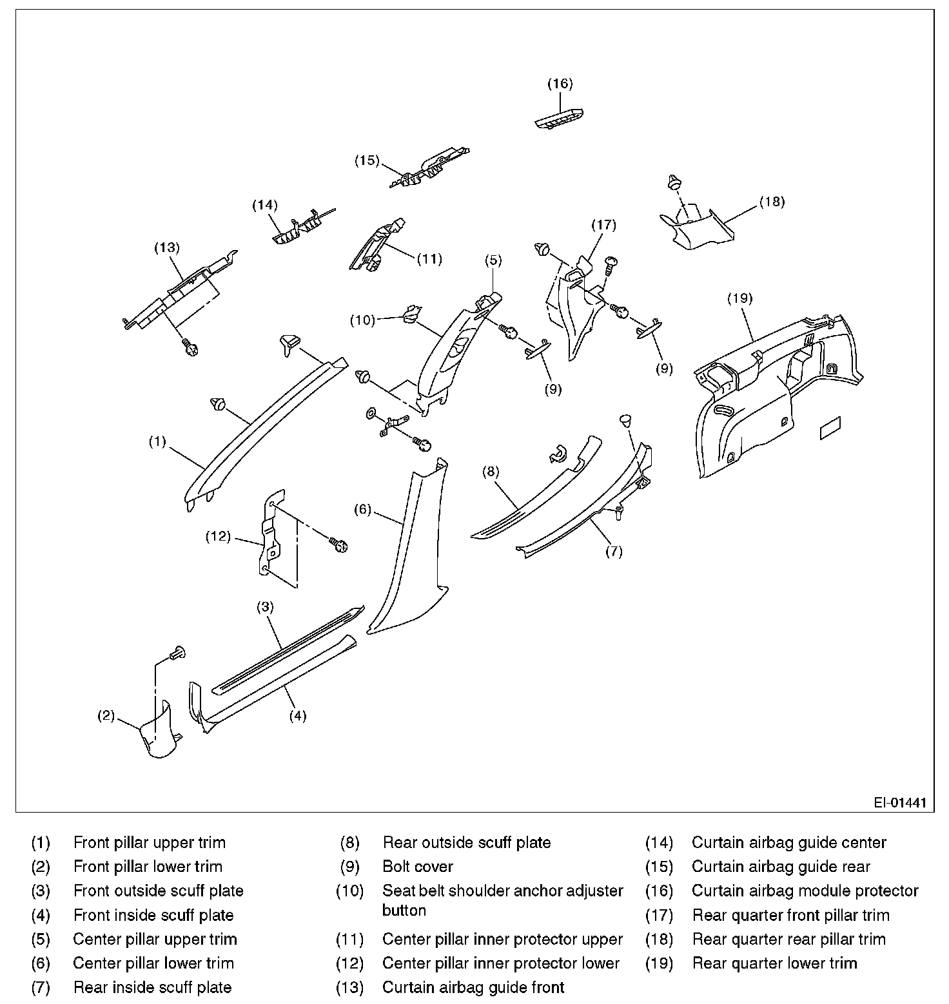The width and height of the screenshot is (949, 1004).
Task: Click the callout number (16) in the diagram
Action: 560,84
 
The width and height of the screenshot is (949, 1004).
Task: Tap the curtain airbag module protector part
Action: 560,118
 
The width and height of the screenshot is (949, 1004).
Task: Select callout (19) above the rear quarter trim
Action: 739,298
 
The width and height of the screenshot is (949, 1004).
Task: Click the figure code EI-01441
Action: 900,803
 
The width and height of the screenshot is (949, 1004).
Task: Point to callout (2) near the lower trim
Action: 106,715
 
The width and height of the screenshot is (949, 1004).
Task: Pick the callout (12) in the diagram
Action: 218,536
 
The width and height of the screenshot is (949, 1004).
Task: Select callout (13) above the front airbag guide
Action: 167,247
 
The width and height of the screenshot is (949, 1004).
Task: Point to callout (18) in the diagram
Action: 772,202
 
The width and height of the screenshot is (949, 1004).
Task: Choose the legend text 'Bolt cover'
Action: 418,867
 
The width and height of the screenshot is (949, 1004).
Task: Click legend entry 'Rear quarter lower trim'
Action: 774,963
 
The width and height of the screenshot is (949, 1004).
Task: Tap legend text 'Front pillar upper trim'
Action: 150,843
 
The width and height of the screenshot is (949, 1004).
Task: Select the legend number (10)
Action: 349,891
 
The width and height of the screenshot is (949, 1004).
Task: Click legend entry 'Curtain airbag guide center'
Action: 789,843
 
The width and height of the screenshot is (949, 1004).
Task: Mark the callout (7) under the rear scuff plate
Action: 614,552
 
